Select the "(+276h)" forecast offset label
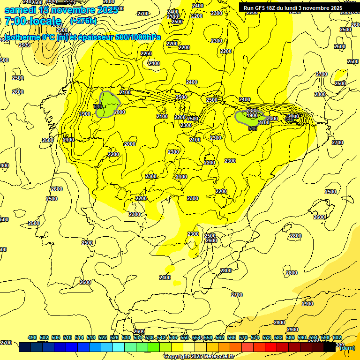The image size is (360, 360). (83, 21)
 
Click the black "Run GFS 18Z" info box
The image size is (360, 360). (292, 8)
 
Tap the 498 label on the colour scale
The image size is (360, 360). (32, 338)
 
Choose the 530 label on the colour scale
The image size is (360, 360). (126, 338)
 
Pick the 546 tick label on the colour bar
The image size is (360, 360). (173, 338)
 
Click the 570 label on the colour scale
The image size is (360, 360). (243, 338)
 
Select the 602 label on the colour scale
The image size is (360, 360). (337, 338)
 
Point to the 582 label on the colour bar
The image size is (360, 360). (278, 338)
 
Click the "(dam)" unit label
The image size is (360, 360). (347, 347)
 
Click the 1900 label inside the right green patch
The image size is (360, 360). (252, 115)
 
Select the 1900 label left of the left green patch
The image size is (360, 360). (85, 114)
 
